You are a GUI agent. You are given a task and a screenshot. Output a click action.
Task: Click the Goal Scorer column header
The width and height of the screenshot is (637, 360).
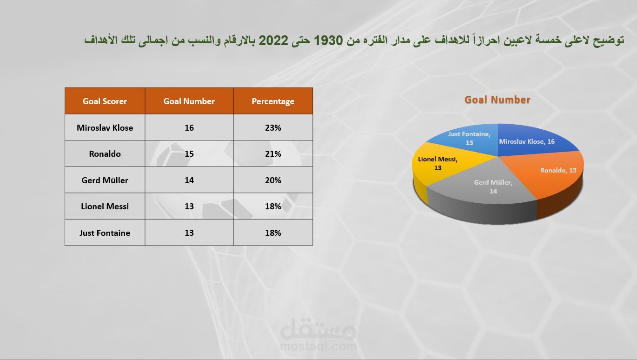[105, 101]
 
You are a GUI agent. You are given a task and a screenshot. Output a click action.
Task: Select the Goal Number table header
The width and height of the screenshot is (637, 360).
[189, 101]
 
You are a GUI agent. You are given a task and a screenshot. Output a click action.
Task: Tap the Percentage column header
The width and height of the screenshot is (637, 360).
[273, 101]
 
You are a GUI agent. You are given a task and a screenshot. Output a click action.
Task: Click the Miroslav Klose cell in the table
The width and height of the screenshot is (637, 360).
[105, 128]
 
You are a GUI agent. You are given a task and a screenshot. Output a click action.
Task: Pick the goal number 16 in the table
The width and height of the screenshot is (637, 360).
[189, 128]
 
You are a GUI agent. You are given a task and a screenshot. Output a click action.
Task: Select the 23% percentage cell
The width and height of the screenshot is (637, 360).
[273, 128]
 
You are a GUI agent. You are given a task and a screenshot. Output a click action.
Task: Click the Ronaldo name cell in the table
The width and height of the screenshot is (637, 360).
[105, 154]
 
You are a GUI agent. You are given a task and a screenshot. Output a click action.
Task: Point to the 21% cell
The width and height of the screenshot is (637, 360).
[273, 154]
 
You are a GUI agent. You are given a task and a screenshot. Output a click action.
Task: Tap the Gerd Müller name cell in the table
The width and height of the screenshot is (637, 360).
[105, 180]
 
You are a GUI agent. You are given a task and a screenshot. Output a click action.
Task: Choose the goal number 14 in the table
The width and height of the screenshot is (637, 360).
[189, 180]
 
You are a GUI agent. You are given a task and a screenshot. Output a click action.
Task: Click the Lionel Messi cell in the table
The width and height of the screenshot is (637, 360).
[105, 207]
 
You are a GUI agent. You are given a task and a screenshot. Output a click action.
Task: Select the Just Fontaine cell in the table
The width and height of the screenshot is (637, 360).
[105, 233]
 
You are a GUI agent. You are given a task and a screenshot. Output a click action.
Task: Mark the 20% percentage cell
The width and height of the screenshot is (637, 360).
[273, 180]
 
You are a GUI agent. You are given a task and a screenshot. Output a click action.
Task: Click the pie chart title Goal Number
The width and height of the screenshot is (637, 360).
[498, 100]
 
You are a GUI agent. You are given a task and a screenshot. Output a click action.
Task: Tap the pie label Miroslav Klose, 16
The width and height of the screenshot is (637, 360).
[527, 141]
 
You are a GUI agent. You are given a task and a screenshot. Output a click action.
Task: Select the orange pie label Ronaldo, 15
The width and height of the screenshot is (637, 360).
[558, 170]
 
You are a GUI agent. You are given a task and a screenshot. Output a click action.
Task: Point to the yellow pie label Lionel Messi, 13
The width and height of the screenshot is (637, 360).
[438, 164]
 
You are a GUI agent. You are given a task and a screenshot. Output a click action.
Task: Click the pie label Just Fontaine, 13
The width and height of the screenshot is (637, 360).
[469, 138]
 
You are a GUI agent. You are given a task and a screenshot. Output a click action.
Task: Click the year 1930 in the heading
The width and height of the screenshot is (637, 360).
[328, 40]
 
